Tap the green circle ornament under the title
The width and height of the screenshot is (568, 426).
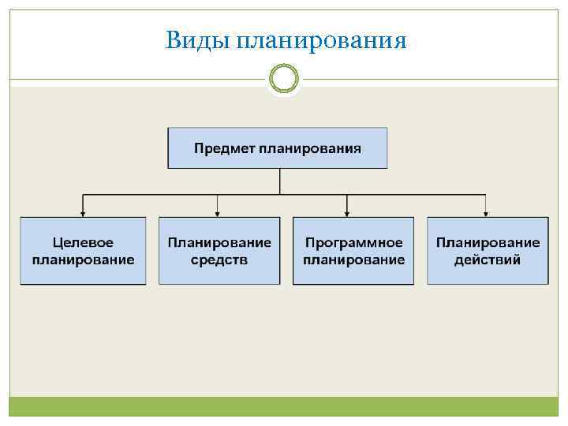pyautogui.click(x=284, y=79)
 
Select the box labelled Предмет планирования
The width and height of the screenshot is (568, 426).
pyautogui.click(x=278, y=147)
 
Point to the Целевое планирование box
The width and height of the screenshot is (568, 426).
pyautogui.click(x=83, y=250)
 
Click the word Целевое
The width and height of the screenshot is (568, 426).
pyautogui.click(x=83, y=243)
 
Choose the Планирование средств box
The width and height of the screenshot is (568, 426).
pyautogui.click(x=219, y=250)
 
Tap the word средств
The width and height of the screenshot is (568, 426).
pyautogui.click(x=219, y=260)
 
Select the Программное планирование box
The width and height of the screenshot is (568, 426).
pyautogui.click(x=353, y=250)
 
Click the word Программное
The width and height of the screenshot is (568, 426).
pyautogui.click(x=353, y=243)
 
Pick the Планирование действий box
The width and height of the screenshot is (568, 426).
pyautogui.click(x=488, y=250)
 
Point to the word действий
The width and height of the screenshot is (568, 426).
pyautogui.click(x=488, y=260)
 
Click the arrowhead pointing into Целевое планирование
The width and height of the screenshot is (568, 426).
pyautogui.click(x=83, y=213)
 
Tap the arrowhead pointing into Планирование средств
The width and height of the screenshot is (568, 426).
pyautogui.click(x=218, y=213)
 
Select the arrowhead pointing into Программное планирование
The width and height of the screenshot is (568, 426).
pyautogui.click(x=348, y=213)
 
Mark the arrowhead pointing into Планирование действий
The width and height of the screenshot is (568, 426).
pyautogui.click(x=486, y=213)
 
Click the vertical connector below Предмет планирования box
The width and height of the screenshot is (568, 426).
pyautogui.click(x=280, y=181)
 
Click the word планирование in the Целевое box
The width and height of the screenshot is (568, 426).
pyautogui.click(x=83, y=260)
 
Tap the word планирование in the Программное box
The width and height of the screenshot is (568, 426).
pyautogui.click(x=353, y=260)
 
